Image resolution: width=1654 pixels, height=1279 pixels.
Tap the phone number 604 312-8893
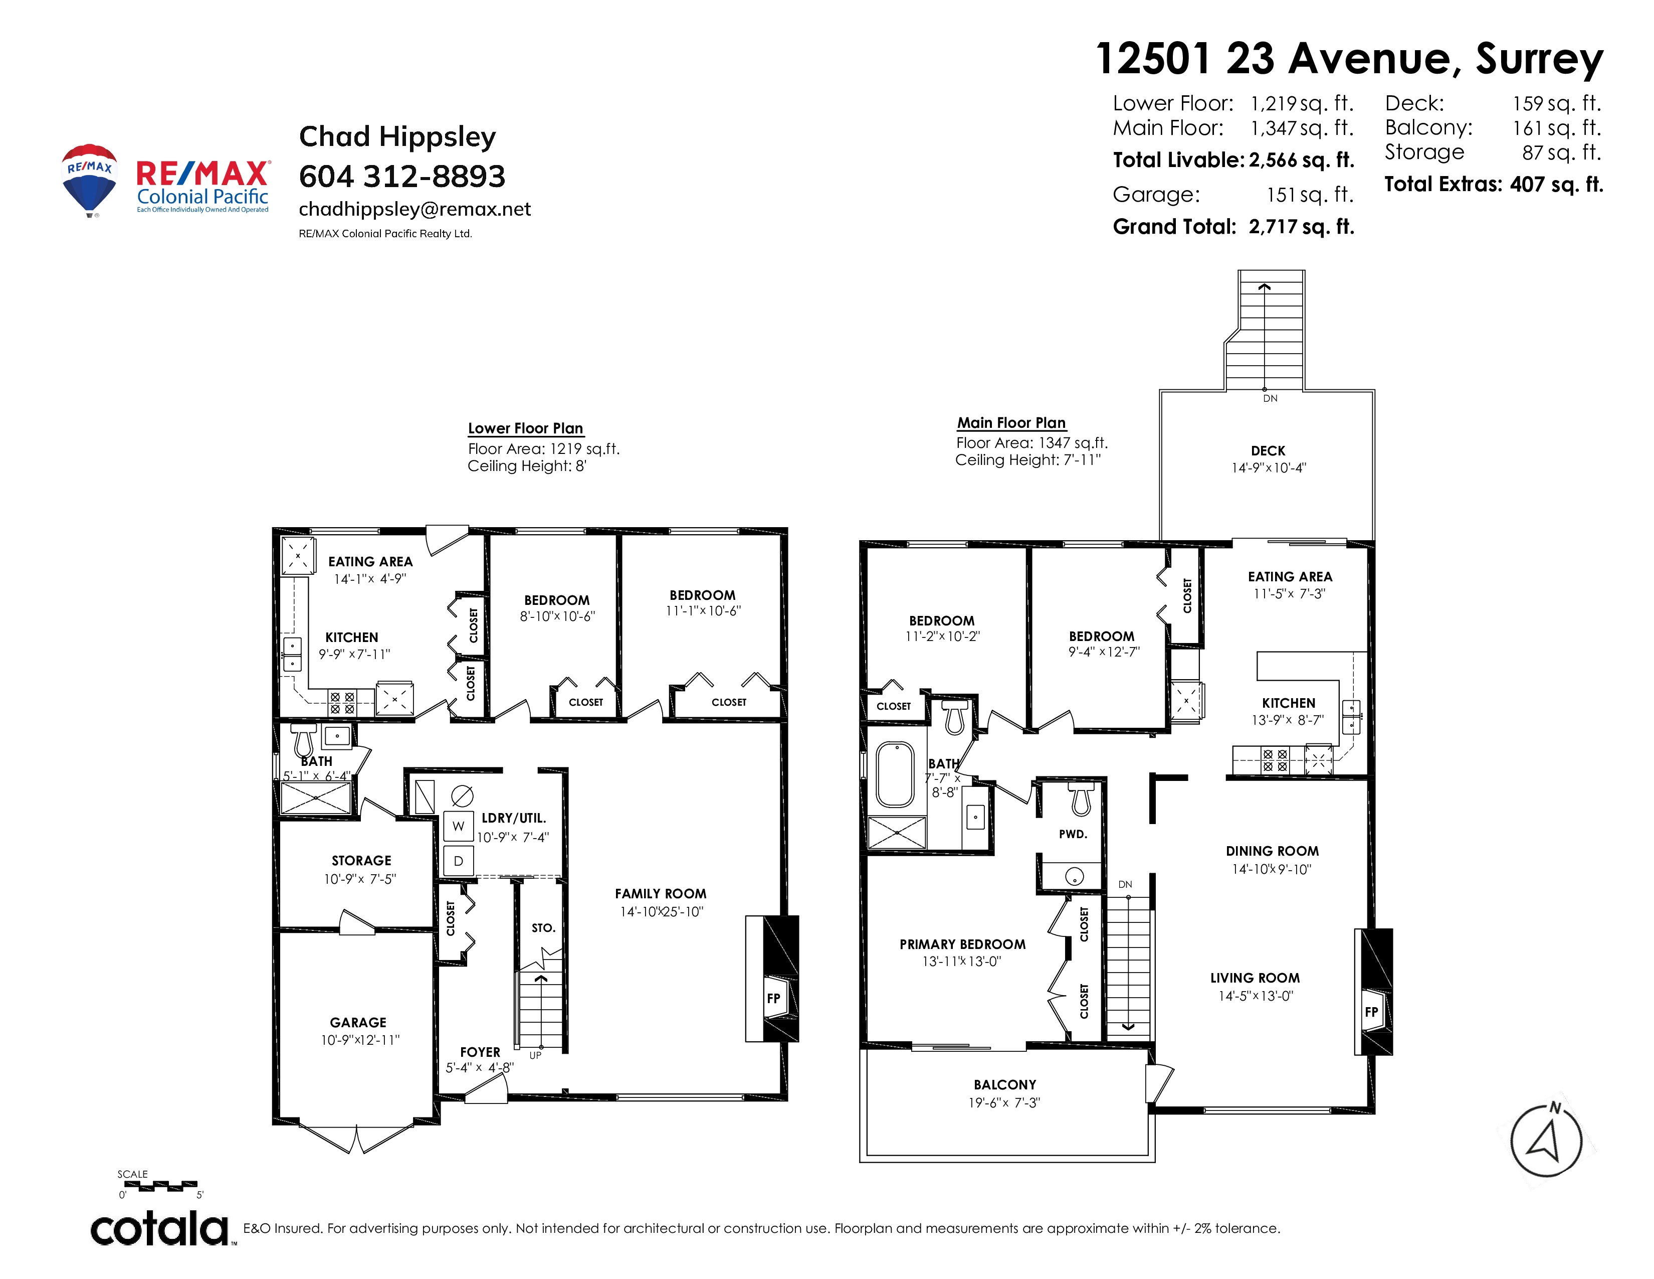(x=402, y=177)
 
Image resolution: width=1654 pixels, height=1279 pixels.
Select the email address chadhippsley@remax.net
(x=415, y=209)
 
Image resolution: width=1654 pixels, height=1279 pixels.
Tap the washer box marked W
(x=458, y=826)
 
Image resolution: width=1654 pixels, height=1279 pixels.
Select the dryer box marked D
(x=458, y=861)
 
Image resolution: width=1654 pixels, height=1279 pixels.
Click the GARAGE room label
(x=358, y=1023)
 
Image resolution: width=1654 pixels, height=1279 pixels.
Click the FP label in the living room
(x=1371, y=1012)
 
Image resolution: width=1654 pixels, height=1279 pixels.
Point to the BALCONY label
(x=1005, y=1085)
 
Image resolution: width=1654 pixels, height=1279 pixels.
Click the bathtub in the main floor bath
(x=895, y=774)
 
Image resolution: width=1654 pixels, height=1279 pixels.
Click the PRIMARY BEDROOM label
(x=962, y=944)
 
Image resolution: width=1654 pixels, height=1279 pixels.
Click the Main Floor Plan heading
(x=1011, y=423)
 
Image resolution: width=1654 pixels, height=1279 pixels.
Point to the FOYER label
(x=480, y=1052)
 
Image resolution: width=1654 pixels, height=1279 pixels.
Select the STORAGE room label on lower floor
(x=361, y=861)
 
